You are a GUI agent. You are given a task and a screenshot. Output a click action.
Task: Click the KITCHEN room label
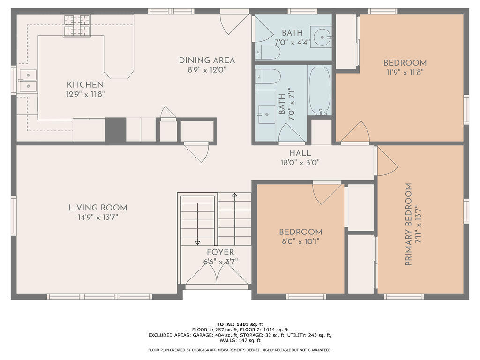click(x=85, y=84)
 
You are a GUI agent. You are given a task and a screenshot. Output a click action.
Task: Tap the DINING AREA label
click(x=207, y=60)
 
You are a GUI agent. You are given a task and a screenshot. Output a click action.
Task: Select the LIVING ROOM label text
click(x=98, y=208)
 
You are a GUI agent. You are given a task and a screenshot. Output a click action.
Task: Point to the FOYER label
click(x=220, y=252)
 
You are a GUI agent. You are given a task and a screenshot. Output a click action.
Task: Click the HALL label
click(x=300, y=153)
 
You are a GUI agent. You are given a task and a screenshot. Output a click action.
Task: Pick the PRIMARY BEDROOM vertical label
click(x=408, y=225)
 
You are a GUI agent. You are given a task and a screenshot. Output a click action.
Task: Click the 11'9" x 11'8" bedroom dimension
click(x=405, y=73)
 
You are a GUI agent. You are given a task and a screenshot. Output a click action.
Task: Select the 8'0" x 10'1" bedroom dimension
click(x=300, y=241)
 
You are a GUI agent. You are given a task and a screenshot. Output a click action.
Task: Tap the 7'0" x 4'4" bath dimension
click(x=292, y=42)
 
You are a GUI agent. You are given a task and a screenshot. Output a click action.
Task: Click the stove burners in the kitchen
click(x=76, y=25)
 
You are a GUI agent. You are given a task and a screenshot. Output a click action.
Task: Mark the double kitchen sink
click(x=28, y=80)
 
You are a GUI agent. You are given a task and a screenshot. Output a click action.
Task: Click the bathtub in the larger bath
click(x=320, y=91)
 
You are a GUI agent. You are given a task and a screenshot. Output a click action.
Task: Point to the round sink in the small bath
click(x=322, y=37)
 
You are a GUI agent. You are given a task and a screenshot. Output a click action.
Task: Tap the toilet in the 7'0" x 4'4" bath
click(x=268, y=52)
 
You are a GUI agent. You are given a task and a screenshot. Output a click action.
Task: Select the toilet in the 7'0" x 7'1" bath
click(x=268, y=76)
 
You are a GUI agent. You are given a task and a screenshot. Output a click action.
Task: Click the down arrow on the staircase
click(x=197, y=224)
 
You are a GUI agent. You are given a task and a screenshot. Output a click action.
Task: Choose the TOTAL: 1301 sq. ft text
click(x=240, y=324)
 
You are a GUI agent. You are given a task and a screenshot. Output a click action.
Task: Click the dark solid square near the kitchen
click(x=115, y=129)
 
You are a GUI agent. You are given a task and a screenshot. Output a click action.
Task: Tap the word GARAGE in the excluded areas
click(x=202, y=335)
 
